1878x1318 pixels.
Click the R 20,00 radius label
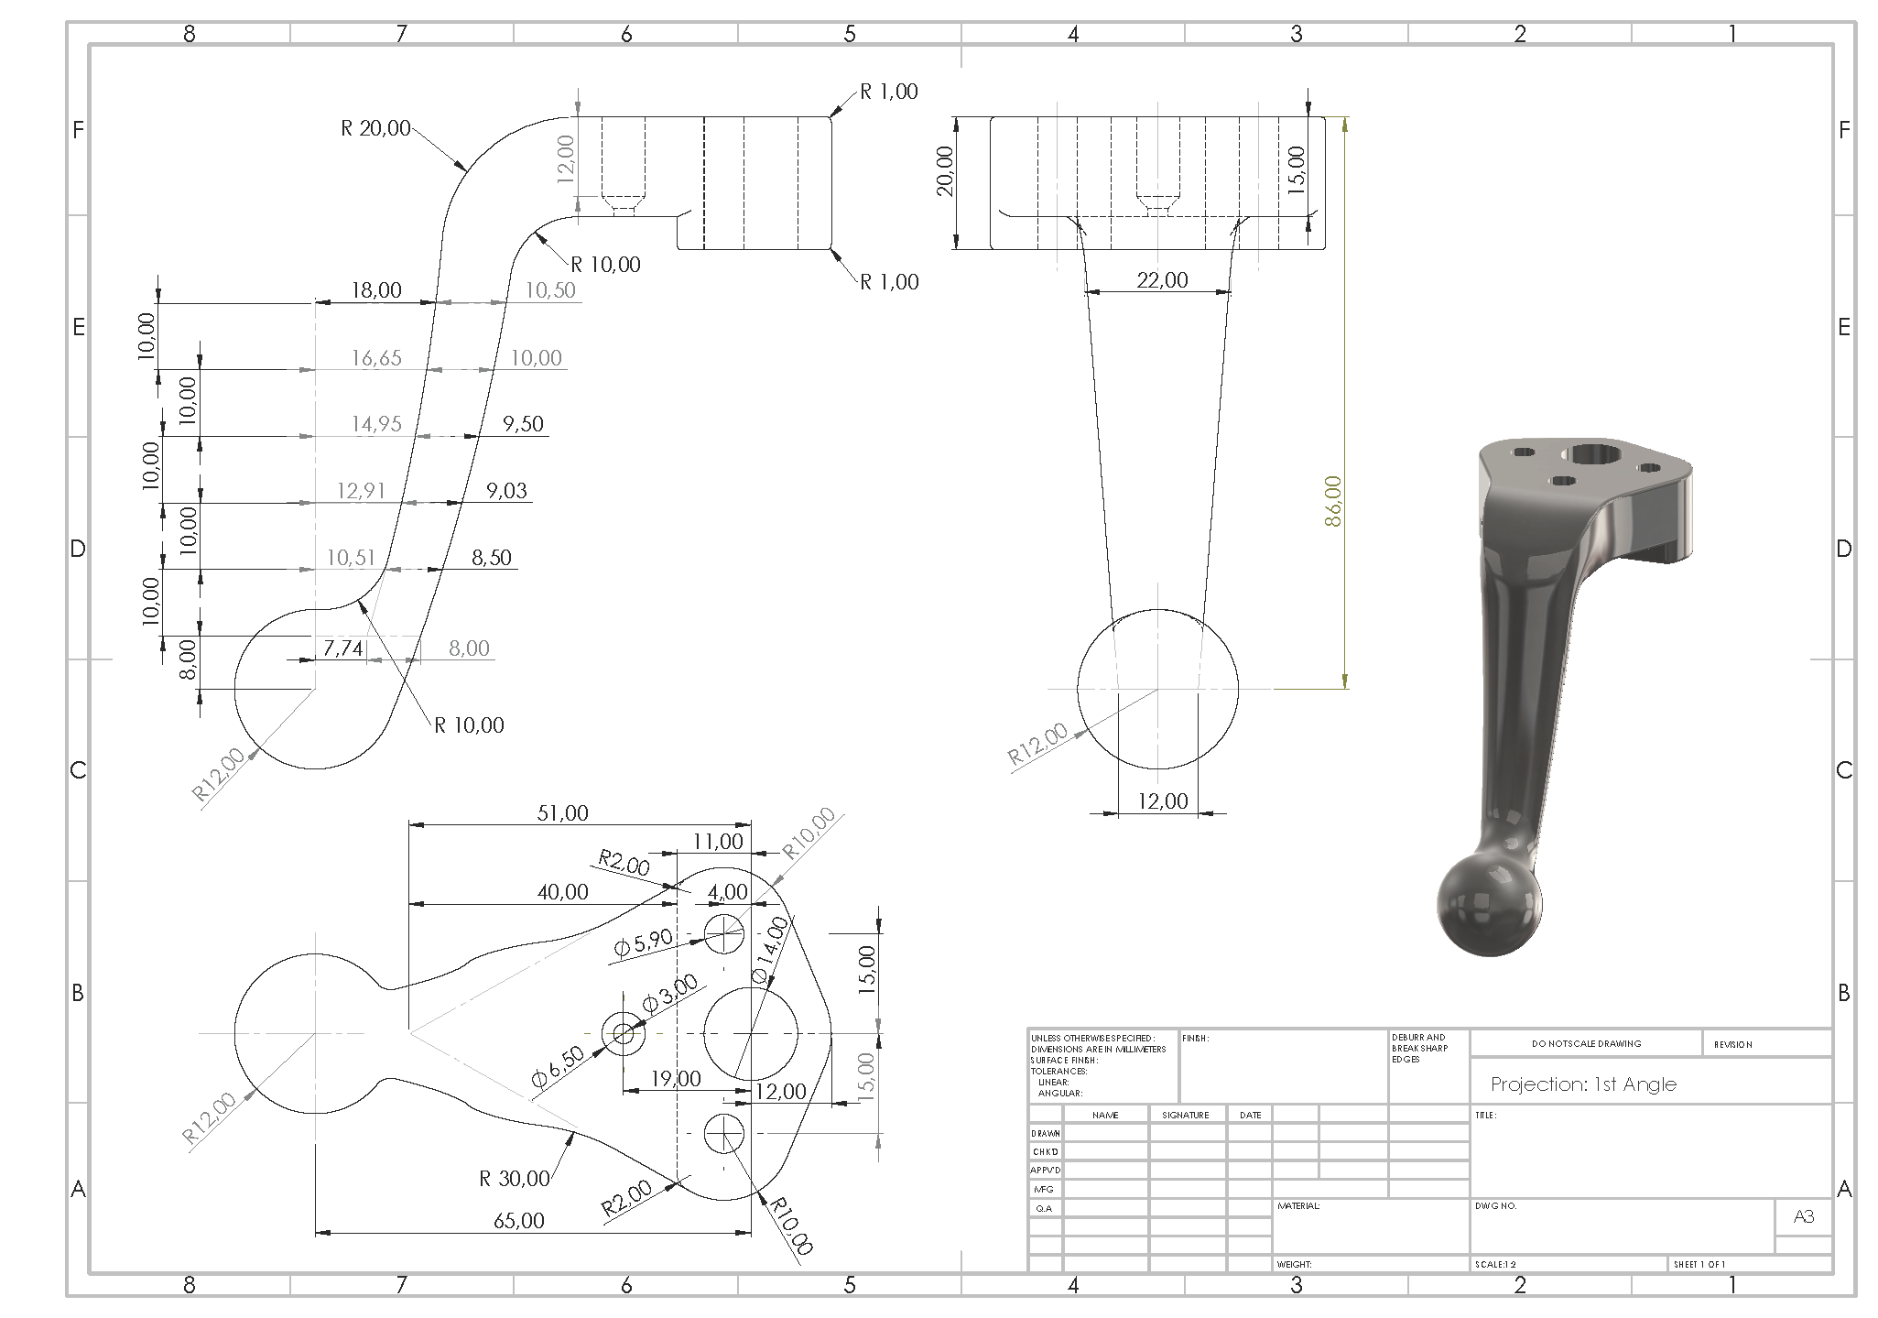click(x=375, y=128)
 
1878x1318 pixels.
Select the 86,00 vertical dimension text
click(x=1332, y=501)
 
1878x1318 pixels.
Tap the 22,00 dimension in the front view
click(x=1162, y=279)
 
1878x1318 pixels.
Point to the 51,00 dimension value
click(x=562, y=812)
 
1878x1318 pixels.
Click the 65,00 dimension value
click(x=518, y=1220)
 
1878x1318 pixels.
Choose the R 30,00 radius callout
click(x=515, y=1178)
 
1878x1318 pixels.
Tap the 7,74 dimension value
click(x=343, y=648)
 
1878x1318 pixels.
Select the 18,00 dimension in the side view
click(x=376, y=290)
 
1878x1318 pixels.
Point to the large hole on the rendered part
click(x=1595, y=453)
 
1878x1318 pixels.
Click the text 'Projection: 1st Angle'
click(x=1583, y=1084)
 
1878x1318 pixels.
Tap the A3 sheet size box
click(x=1803, y=1217)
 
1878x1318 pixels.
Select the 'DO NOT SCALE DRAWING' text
click(x=1586, y=1043)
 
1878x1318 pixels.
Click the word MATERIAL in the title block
click(x=1298, y=1206)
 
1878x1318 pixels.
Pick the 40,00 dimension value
click(x=562, y=891)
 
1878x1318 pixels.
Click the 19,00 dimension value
click(x=676, y=1079)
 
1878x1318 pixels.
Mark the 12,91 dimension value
click(x=362, y=491)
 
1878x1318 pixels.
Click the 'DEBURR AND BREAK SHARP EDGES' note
click(x=1420, y=1049)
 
